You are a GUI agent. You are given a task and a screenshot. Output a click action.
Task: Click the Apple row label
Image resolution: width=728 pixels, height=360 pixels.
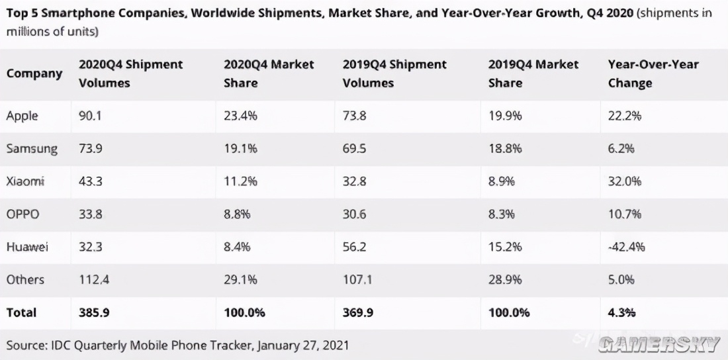pyautogui.click(x=23, y=116)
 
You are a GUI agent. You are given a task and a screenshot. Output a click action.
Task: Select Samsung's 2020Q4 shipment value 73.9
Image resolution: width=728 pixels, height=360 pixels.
pyautogui.click(x=91, y=148)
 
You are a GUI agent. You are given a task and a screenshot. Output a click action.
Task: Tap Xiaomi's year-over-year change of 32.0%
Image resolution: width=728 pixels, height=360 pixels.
pyautogui.click(x=624, y=181)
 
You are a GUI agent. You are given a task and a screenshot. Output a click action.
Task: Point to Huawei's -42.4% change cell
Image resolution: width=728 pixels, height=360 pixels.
pyautogui.click(x=626, y=247)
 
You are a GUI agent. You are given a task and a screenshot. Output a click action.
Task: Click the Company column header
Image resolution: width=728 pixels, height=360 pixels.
pyautogui.click(x=34, y=73)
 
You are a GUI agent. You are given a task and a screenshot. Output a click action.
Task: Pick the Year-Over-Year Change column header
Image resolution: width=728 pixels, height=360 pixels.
pyautogui.click(x=653, y=73)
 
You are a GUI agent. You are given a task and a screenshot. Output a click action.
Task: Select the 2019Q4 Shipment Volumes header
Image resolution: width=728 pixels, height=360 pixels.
pyautogui.click(x=394, y=73)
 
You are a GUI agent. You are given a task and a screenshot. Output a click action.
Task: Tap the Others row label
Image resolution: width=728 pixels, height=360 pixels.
pyautogui.click(x=25, y=279)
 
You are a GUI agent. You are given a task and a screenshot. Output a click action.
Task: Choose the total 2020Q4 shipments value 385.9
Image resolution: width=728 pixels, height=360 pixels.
pyautogui.click(x=93, y=312)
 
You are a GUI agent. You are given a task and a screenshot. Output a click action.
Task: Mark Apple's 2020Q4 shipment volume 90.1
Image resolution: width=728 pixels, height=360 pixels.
pyautogui.click(x=91, y=116)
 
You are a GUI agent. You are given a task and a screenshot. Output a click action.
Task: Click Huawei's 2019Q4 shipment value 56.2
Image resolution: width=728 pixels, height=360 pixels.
pyautogui.click(x=355, y=247)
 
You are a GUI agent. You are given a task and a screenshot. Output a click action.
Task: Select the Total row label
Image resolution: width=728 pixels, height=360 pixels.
pyautogui.click(x=21, y=312)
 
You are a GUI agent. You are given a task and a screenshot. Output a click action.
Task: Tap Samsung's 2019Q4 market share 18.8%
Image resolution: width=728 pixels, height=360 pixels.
pyautogui.click(x=504, y=148)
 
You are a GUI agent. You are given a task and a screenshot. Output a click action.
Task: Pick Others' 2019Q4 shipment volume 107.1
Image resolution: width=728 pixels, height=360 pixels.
pyautogui.click(x=357, y=279)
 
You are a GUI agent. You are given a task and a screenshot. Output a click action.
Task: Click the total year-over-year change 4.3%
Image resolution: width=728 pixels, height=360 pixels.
pyautogui.click(x=621, y=312)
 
